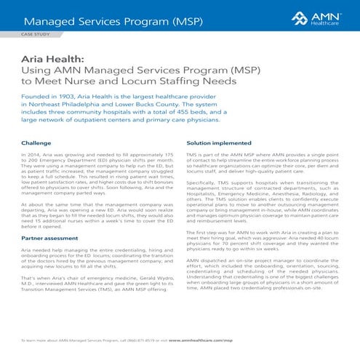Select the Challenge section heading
click(x=36, y=144)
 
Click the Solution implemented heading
click(x=219, y=144)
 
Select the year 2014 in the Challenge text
click(x=33, y=156)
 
